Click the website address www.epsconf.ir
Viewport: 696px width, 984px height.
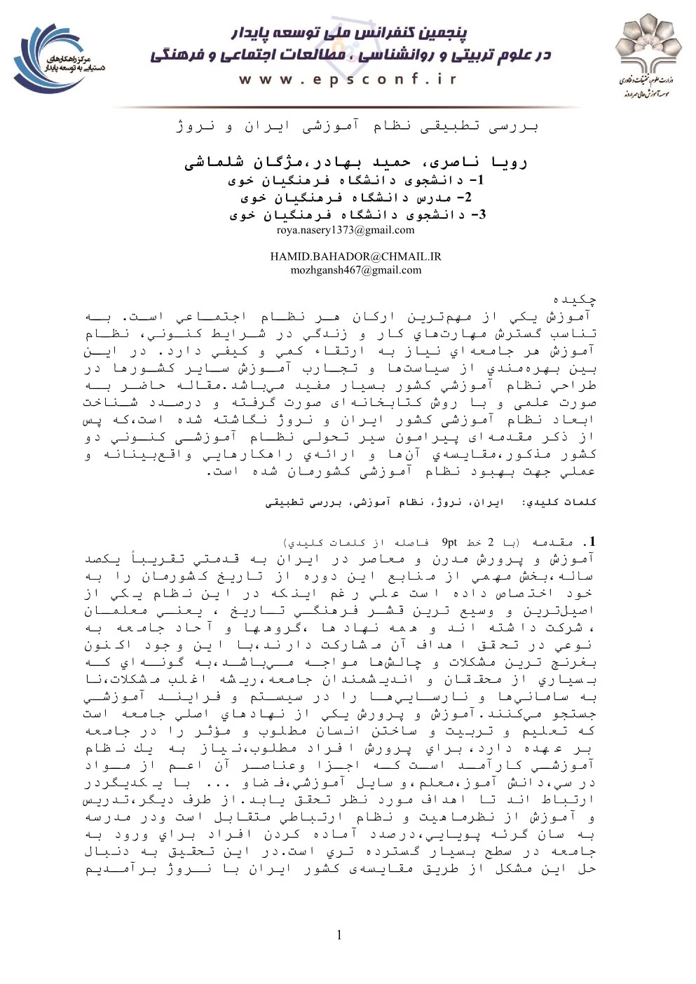[x=348, y=79]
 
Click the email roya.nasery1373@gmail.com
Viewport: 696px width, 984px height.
[x=345, y=230]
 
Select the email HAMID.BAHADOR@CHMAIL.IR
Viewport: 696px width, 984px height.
[x=355, y=257]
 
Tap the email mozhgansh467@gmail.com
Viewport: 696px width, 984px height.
[x=355, y=270]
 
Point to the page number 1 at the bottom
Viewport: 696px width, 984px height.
[x=340, y=934]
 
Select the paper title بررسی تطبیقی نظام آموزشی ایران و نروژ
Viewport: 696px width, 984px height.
[x=357, y=127]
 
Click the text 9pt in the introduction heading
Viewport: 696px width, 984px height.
[x=449, y=542]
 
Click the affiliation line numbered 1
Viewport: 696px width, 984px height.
[x=355, y=181]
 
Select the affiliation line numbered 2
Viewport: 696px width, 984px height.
[x=355, y=198]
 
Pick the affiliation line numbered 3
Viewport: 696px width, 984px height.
[x=355, y=215]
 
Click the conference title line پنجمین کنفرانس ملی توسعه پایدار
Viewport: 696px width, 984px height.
[x=348, y=33]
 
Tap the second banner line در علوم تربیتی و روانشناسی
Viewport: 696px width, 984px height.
[x=350, y=55]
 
